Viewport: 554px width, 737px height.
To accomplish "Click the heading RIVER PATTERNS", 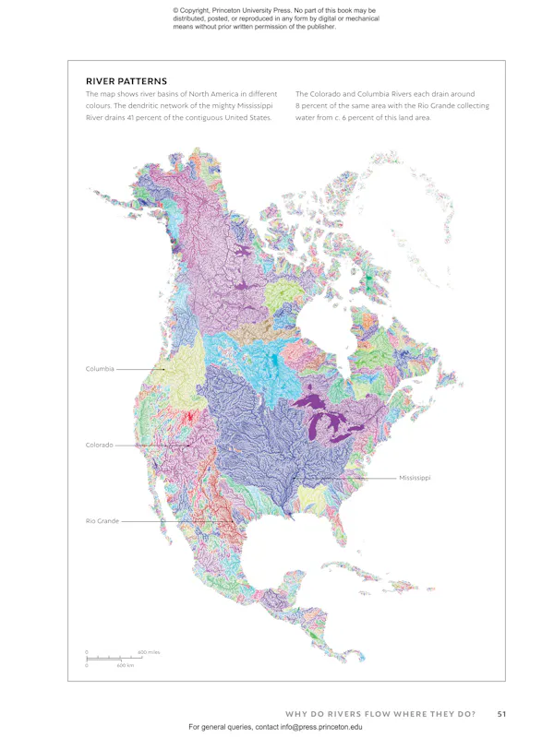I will (126, 80).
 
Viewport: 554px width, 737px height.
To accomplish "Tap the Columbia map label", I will (100, 369).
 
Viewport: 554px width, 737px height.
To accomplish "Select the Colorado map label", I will (99, 445).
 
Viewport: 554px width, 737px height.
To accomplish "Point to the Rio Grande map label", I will (102, 521).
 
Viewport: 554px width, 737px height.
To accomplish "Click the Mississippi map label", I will (415, 478).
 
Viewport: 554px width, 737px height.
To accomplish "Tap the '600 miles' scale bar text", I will (149, 652).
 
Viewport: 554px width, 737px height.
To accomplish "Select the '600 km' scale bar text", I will (126, 665).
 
